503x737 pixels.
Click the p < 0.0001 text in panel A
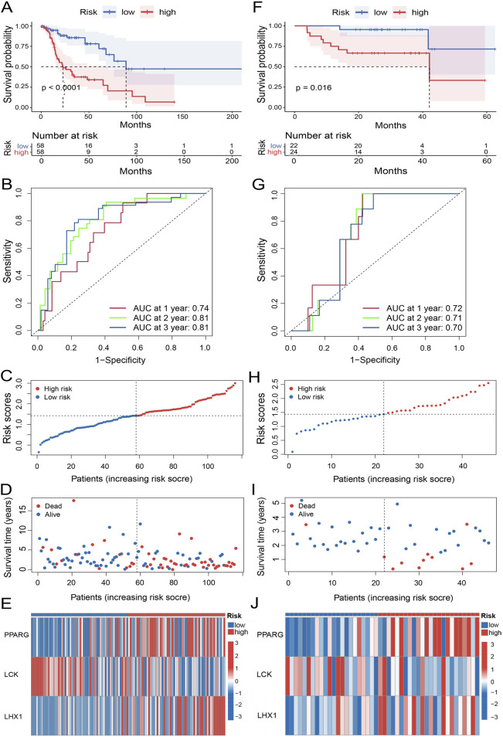click(x=61, y=87)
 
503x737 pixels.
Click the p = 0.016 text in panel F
click(x=314, y=87)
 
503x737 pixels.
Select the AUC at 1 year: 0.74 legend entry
click(x=159, y=308)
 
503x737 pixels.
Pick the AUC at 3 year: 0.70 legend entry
click(x=413, y=328)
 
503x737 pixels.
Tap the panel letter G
click(x=259, y=184)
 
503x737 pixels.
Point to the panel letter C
click(x=7, y=376)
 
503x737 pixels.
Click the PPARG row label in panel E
click(x=16, y=634)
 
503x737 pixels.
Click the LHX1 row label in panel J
click(x=267, y=715)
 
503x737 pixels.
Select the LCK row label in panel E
click(x=12, y=674)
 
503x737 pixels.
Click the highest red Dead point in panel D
click(x=73, y=501)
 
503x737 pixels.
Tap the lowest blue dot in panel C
click(x=39, y=452)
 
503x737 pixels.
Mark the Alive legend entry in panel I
click(x=302, y=515)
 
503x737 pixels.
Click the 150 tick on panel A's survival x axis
click(x=182, y=117)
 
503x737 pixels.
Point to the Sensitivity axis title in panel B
click(x=7, y=261)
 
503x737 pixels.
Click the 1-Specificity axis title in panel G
click(x=375, y=360)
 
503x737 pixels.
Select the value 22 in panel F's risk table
click(x=294, y=145)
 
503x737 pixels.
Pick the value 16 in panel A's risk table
click(x=88, y=146)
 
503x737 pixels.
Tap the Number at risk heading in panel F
click(x=318, y=135)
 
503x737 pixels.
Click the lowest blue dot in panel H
click(x=292, y=452)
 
